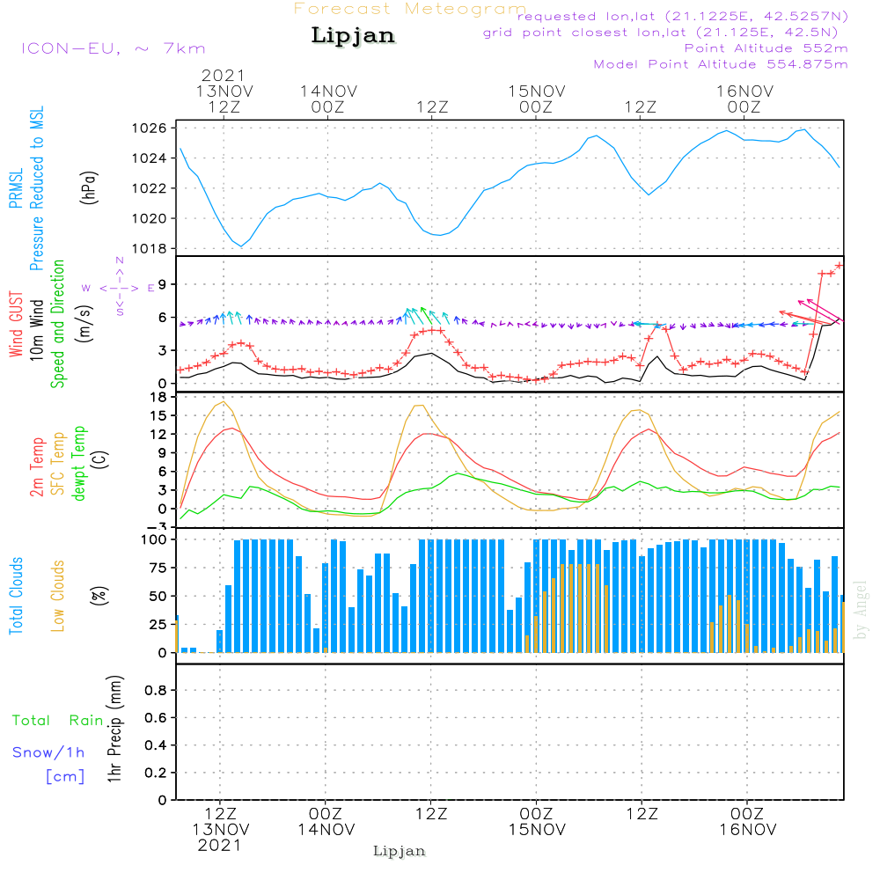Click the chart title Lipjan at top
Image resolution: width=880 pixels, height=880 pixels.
point(353,35)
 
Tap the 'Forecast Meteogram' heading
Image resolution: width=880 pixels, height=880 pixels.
point(410,9)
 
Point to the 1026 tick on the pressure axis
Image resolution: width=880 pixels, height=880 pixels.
point(150,128)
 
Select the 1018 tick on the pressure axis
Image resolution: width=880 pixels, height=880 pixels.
point(150,248)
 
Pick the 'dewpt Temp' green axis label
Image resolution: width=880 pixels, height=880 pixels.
point(79,464)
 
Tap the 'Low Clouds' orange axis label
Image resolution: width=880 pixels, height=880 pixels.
point(58,595)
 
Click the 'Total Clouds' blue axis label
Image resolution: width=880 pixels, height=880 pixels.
point(17,595)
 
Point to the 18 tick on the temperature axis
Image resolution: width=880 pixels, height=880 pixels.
point(158,397)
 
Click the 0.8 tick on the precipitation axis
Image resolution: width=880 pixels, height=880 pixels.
point(155,691)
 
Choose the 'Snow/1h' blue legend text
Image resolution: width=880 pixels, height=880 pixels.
point(49,752)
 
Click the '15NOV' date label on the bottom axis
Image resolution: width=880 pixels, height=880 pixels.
point(536,829)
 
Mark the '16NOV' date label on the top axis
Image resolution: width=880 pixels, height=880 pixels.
point(744,92)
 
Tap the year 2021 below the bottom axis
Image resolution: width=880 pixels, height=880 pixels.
point(219,845)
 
